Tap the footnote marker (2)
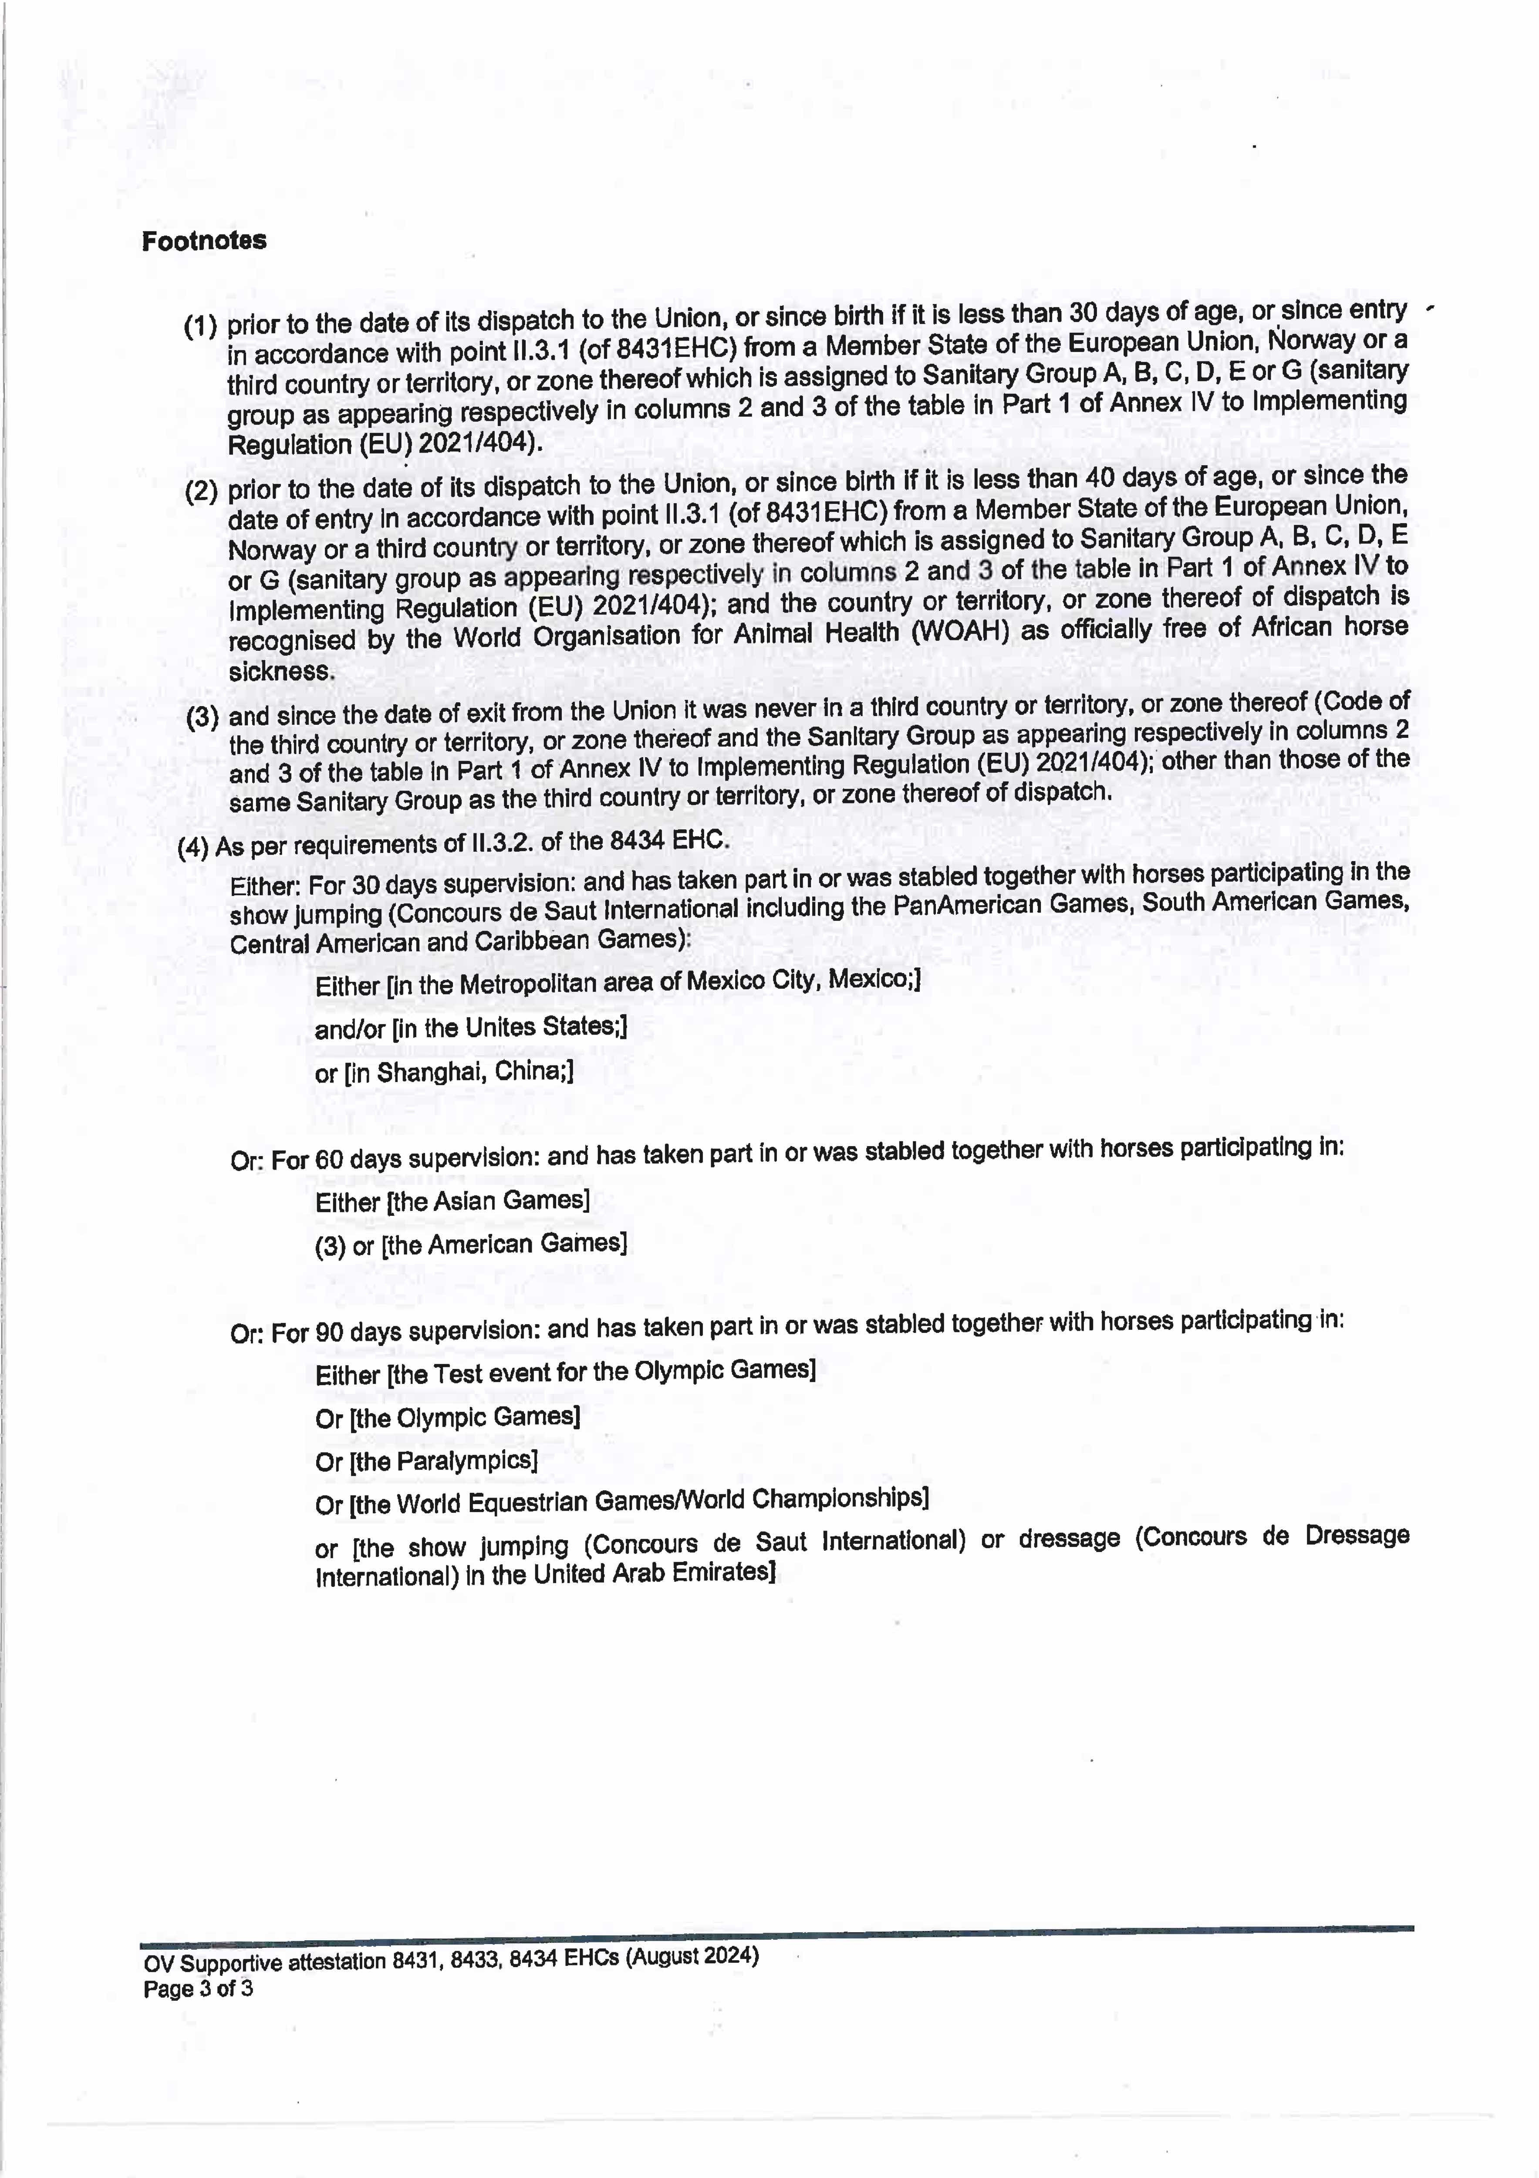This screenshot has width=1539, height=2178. [201, 491]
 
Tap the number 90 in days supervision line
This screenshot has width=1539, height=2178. [329, 1333]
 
